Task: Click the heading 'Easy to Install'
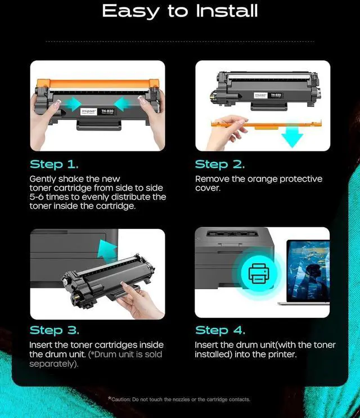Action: click(x=180, y=11)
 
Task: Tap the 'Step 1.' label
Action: click(x=54, y=164)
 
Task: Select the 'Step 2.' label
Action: click(x=220, y=164)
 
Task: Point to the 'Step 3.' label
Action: click(x=55, y=330)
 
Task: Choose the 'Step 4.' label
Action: click(x=220, y=330)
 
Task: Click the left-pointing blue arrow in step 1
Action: click(x=122, y=104)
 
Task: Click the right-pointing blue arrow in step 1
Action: click(x=73, y=104)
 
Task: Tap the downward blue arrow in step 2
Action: click(x=292, y=137)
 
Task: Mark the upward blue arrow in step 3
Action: click(x=107, y=250)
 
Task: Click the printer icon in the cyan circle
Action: click(x=259, y=273)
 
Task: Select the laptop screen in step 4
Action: click(x=308, y=271)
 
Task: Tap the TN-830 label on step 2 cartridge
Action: click(x=276, y=95)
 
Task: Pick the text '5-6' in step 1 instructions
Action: click(x=37, y=197)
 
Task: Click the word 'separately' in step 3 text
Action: click(x=52, y=364)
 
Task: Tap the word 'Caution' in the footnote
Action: click(x=121, y=399)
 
